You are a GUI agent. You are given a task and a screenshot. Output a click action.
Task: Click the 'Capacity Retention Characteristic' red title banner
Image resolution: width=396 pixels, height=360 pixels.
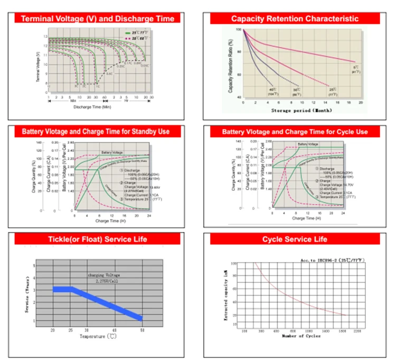point(295,19)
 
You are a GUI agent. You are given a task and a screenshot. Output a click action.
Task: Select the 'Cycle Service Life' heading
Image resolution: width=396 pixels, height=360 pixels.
point(295,239)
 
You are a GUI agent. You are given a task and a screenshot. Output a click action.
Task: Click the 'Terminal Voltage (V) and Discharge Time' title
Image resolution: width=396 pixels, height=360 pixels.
point(97,19)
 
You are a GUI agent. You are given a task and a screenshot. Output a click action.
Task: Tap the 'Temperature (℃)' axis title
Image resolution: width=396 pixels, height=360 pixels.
point(98,336)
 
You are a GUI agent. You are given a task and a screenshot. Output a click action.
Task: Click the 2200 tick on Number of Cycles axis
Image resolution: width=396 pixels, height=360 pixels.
point(357,330)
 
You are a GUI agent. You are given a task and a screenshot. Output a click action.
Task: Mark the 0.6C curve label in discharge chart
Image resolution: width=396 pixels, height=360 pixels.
point(109,73)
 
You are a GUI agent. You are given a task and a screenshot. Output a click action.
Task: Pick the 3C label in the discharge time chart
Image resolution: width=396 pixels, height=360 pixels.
point(76,85)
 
